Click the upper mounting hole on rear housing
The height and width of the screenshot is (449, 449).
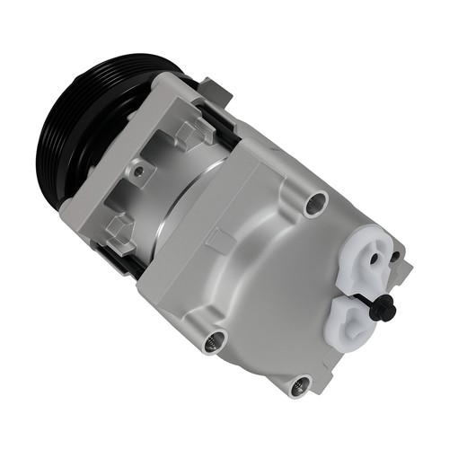point(315,204)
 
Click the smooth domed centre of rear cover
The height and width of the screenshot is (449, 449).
point(269,278)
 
